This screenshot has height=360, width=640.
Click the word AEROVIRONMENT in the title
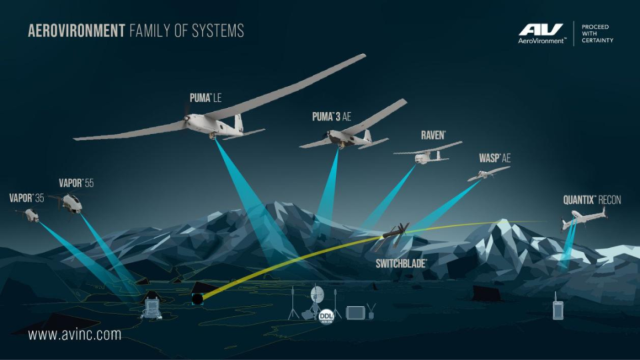click(76, 31)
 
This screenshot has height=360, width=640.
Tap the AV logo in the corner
click(541, 33)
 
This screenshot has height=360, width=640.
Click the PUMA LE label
click(206, 98)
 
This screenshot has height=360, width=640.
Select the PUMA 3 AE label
click(331, 117)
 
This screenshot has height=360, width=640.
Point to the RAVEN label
click(433, 135)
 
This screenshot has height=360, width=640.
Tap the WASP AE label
click(495, 158)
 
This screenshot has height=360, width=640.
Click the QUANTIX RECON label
click(592, 200)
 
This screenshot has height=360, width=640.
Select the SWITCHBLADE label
click(401, 263)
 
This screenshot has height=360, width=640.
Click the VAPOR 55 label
click(76, 183)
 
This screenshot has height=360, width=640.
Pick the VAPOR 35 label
click(27, 199)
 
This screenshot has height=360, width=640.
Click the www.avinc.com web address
click(75, 335)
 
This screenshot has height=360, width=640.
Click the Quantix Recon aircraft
click(584, 219)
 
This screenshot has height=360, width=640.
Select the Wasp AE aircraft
click(488, 173)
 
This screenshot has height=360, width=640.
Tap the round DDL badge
click(326, 316)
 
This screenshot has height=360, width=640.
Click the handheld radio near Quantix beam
click(558, 307)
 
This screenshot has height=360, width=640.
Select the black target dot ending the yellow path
click(197, 299)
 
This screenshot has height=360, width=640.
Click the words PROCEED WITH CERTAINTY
click(597, 33)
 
